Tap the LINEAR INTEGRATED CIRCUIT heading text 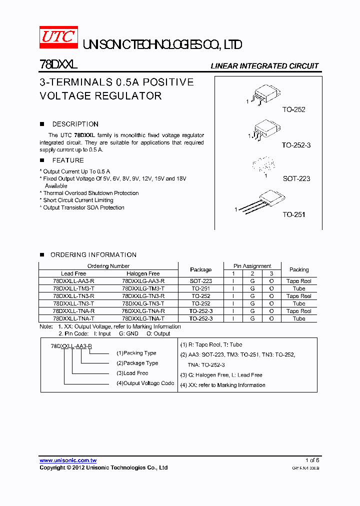(x=264, y=66)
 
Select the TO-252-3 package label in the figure (x=296, y=145)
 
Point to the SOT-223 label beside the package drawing (x=296, y=178)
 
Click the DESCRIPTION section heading (x=75, y=124)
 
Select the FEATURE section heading (x=68, y=160)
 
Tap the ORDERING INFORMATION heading (x=93, y=255)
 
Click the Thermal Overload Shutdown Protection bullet (x=90, y=193)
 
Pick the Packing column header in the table (x=299, y=269)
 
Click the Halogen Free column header (x=143, y=273)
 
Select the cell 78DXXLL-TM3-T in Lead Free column (x=73, y=288)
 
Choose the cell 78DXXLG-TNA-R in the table (x=143, y=311)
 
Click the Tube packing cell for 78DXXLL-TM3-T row (x=299, y=288)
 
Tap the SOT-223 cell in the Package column (x=200, y=281)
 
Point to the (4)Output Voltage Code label (x=145, y=383)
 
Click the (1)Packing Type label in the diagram (x=136, y=353)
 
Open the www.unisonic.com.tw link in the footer (x=68, y=460)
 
